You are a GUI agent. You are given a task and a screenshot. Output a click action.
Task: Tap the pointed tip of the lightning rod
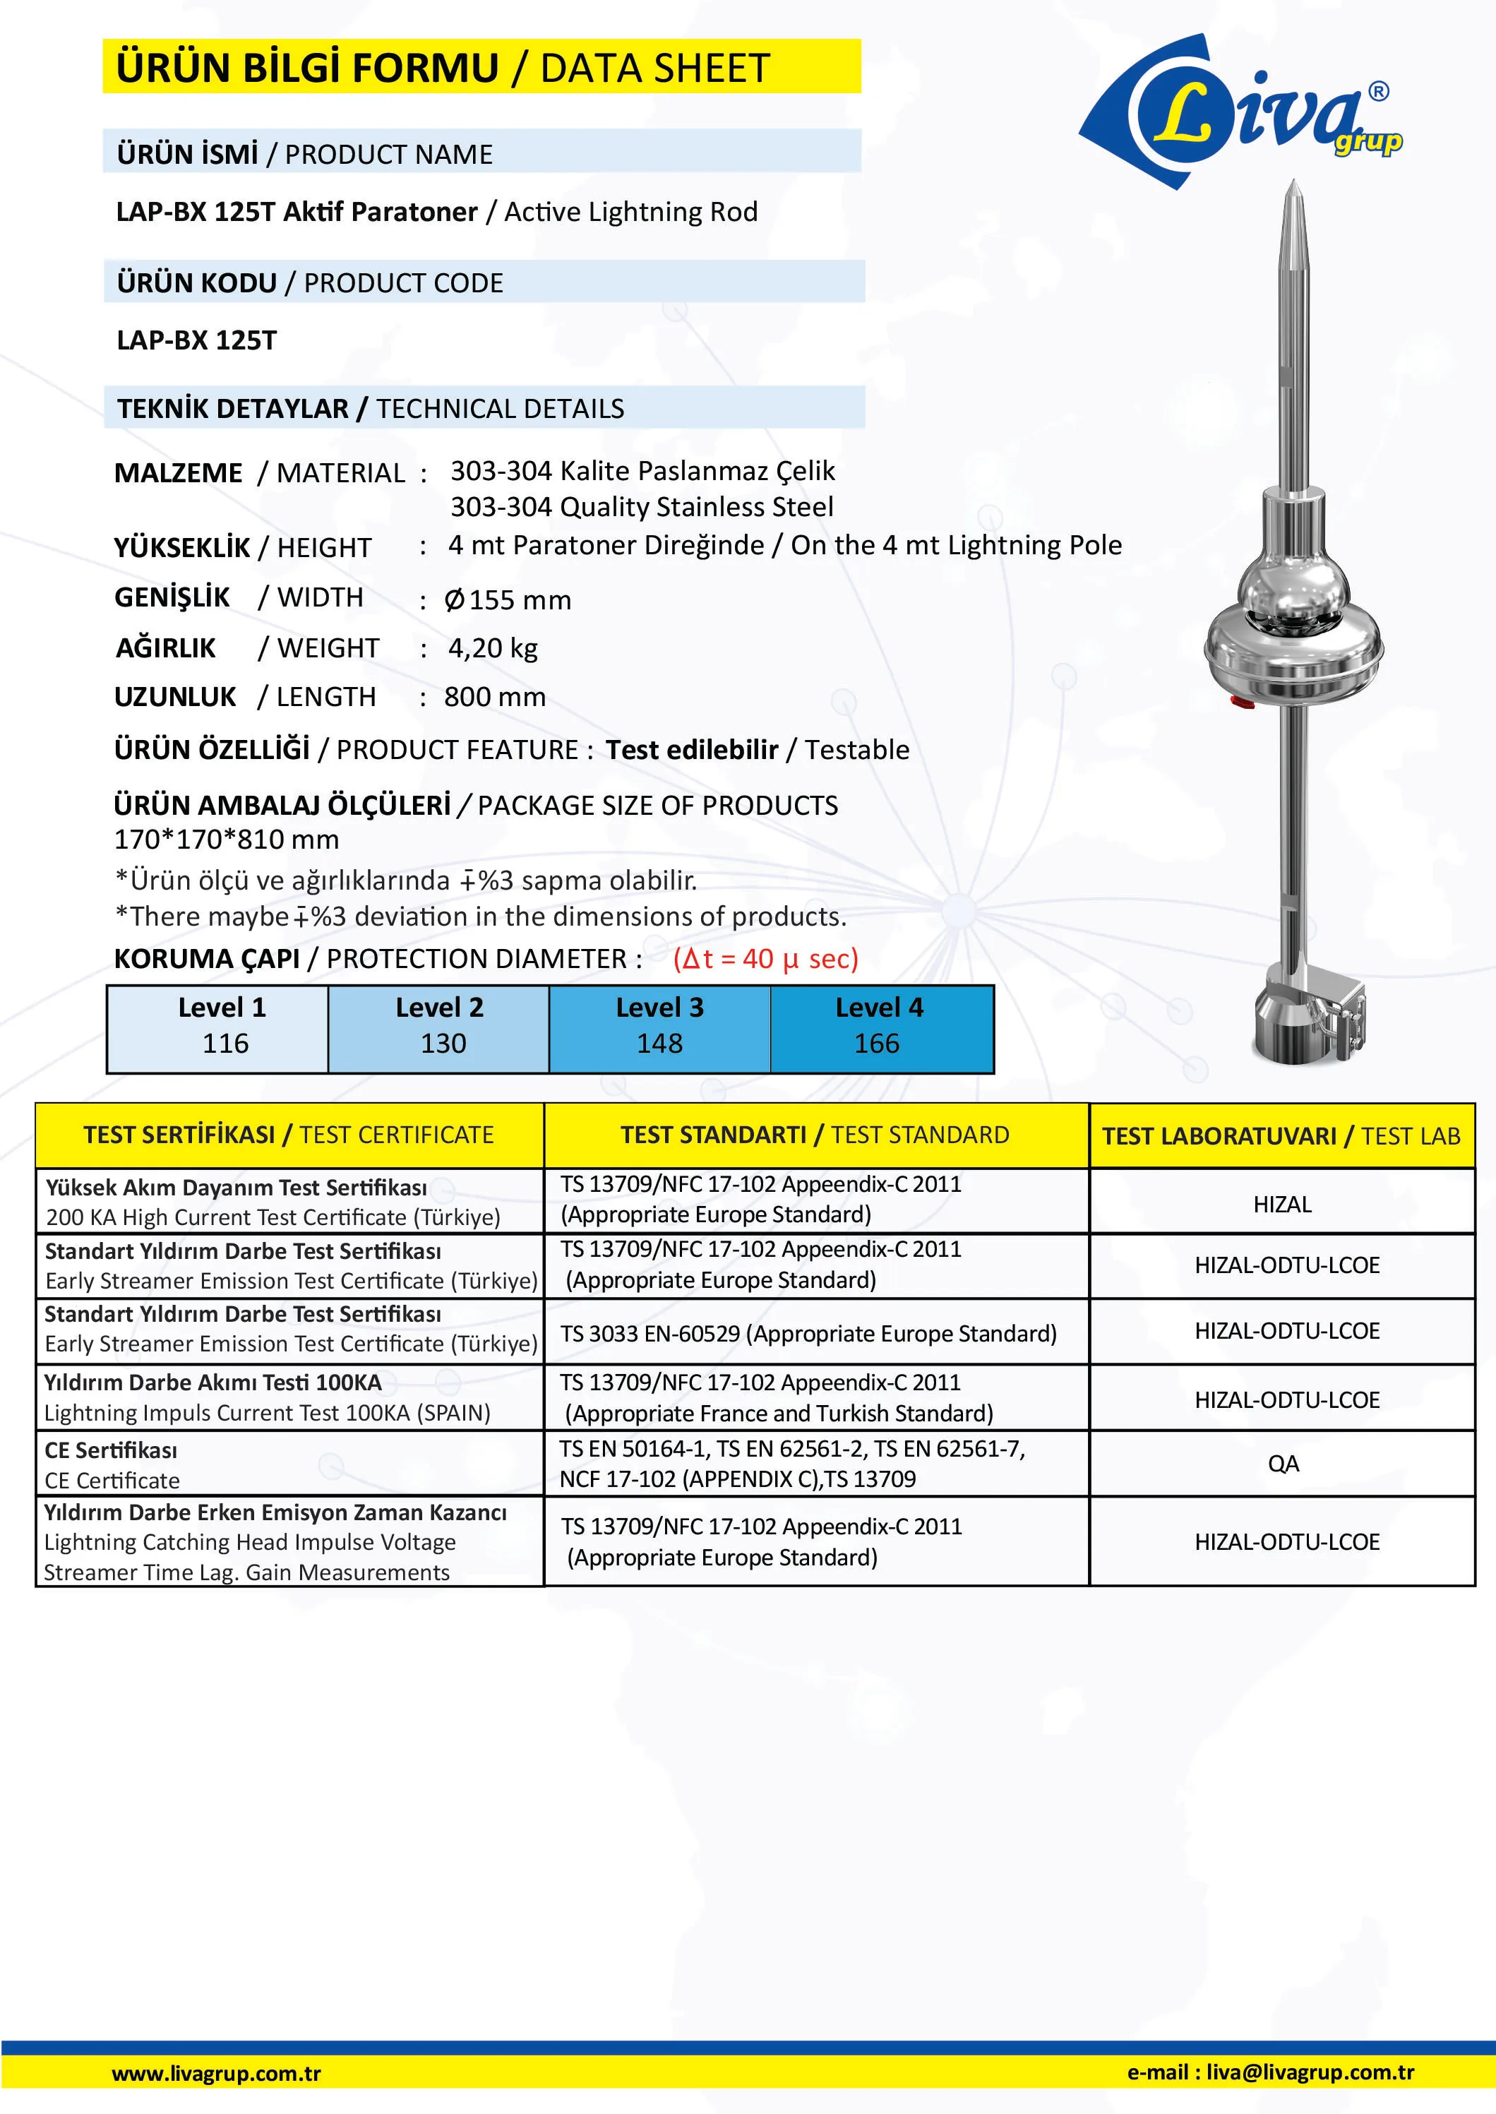coord(1293,187)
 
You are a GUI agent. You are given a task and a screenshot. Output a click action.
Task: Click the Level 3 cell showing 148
coord(659,1028)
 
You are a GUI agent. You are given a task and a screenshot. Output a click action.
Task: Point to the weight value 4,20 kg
coord(493,648)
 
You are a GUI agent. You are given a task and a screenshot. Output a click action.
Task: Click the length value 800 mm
coord(495,698)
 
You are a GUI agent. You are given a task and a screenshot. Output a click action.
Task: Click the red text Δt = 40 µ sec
coord(765,959)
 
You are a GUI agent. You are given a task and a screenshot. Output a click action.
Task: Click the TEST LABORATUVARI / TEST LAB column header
coord(1281,1136)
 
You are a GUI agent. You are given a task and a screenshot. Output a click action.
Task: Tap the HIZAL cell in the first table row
coord(1281,1204)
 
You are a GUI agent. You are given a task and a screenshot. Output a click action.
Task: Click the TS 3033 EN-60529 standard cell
coord(808,1334)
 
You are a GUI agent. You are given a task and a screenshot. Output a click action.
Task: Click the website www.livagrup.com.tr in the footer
coord(217,2074)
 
